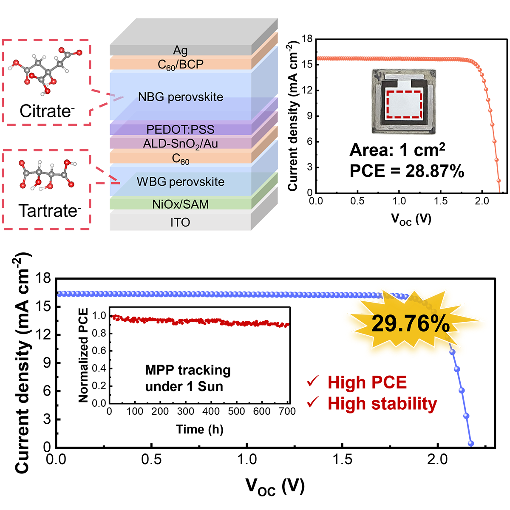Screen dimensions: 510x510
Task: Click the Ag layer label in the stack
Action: (180, 50)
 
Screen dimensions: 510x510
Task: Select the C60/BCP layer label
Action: (180, 65)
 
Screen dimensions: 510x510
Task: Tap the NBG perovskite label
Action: (180, 97)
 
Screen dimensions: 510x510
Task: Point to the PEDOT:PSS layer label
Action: (180, 129)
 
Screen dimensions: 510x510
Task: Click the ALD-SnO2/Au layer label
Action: (180, 144)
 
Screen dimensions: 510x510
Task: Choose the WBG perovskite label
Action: (180, 182)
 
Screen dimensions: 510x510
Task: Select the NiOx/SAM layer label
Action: (180, 204)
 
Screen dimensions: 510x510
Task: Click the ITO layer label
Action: (180, 222)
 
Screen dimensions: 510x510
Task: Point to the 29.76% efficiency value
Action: (410, 324)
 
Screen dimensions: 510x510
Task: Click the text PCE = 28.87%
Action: (406, 171)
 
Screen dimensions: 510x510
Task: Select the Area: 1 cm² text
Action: (397, 150)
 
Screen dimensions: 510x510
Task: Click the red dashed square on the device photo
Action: (404, 104)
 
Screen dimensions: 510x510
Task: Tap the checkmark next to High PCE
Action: (313, 382)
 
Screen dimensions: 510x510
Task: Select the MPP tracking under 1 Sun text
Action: (187, 378)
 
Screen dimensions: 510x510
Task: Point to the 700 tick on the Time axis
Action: (287, 411)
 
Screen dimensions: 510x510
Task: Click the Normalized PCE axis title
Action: (83, 355)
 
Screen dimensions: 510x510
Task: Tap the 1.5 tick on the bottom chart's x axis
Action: (342, 459)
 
